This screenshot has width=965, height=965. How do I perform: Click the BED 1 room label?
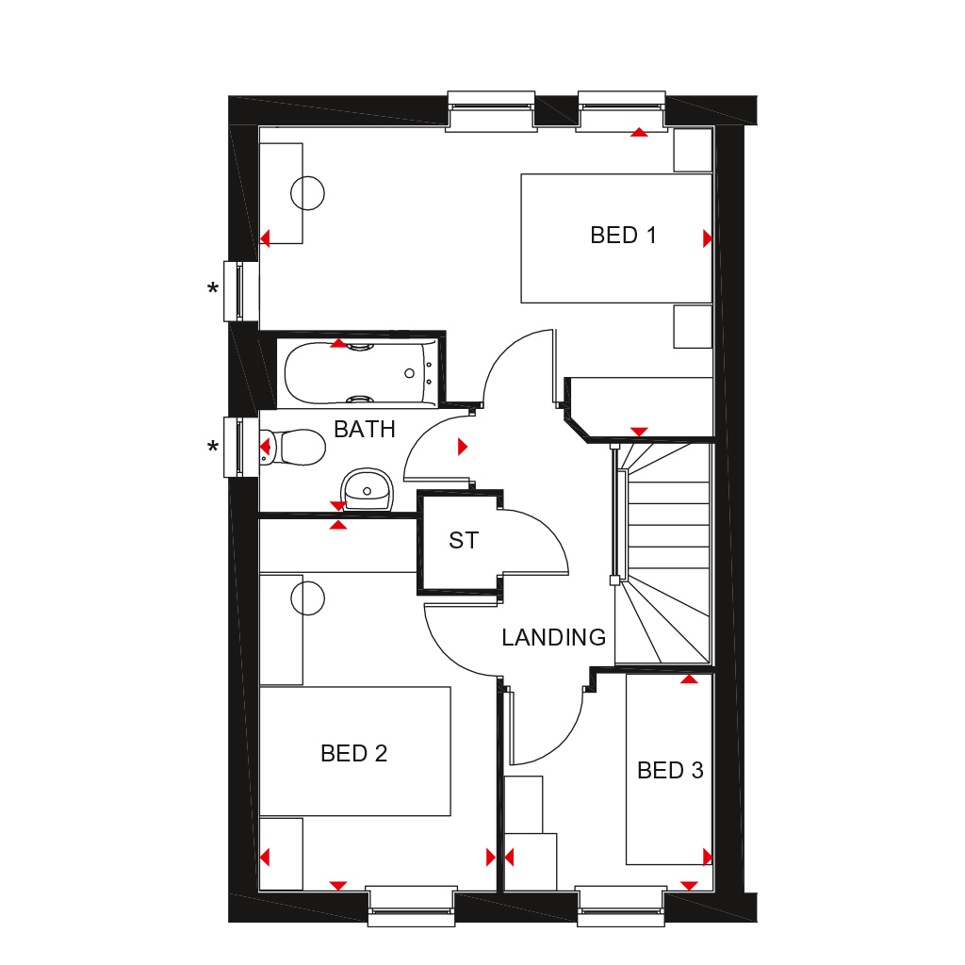pos(623,235)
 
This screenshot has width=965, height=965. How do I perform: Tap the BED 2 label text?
pos(353,754)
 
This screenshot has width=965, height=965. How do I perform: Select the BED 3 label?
pos(670,771)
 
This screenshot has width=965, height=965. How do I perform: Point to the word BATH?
pos(365,430)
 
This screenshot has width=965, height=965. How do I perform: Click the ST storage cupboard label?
pos(464,541)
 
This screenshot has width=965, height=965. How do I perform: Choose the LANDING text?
pos(553,638)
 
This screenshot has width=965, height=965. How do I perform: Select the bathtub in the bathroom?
pos(358,373)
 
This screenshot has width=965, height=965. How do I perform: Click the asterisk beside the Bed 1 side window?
pos(213,289)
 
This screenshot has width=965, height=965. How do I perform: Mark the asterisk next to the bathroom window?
pos(213,447)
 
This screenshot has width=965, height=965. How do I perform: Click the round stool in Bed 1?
pos(307,193)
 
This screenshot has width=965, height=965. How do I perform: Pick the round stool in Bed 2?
pos(307,597)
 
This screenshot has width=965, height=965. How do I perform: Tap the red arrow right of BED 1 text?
pos(708,239)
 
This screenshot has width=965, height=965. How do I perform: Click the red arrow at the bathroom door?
pos(462,447)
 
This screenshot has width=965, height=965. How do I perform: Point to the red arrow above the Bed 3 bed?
pos(689,679)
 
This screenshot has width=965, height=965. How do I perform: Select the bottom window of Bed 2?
pos(411,906)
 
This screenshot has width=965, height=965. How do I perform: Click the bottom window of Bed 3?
pos(621,906)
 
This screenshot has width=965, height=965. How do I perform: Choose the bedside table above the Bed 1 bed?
pos(693,151)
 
